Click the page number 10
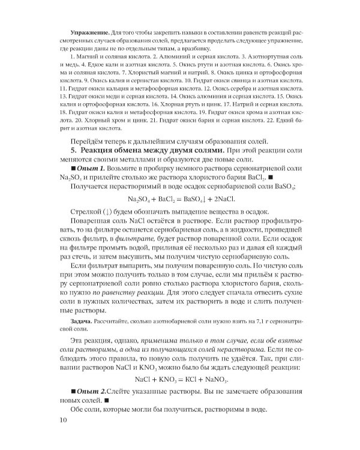tap(48, 436)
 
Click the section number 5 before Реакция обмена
tap(74, 147)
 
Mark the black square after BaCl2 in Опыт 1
tap(287, 179)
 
